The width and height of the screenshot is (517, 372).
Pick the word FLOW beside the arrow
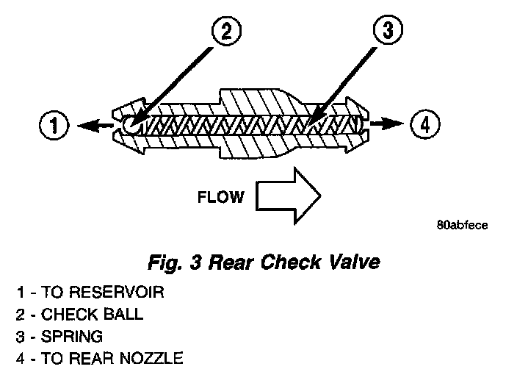tap(220, 197)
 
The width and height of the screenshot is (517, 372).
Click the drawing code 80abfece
tap(461, 226)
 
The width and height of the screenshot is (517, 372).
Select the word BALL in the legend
tap(123, 315)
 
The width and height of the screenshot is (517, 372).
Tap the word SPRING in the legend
tap(72, 337)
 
